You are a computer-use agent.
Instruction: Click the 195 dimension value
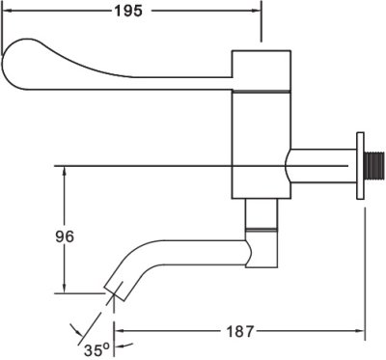pos(128,12)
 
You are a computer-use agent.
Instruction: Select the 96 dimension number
pos(65,236)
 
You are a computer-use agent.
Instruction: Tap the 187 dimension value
pos(240,332)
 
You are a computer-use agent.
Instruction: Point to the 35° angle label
pos(96,349)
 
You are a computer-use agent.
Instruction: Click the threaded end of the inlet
pos(374,165)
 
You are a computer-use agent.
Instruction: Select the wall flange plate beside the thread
pos(360,165)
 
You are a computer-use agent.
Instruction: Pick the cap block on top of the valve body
pos(262,69)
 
